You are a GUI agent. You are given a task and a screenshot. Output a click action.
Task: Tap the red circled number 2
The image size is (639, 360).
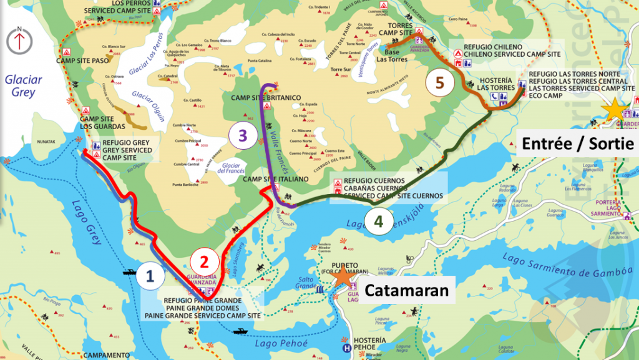(x=203, y=259)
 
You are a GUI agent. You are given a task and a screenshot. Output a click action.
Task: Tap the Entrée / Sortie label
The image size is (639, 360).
(x=577, y=144)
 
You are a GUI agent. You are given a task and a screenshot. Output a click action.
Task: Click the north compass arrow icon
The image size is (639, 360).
(x=20, y=40)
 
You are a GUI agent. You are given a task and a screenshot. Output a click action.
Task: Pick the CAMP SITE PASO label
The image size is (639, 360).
(x=86, y=61)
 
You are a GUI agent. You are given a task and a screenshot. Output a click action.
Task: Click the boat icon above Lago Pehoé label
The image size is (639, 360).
(x=240, y=331)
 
